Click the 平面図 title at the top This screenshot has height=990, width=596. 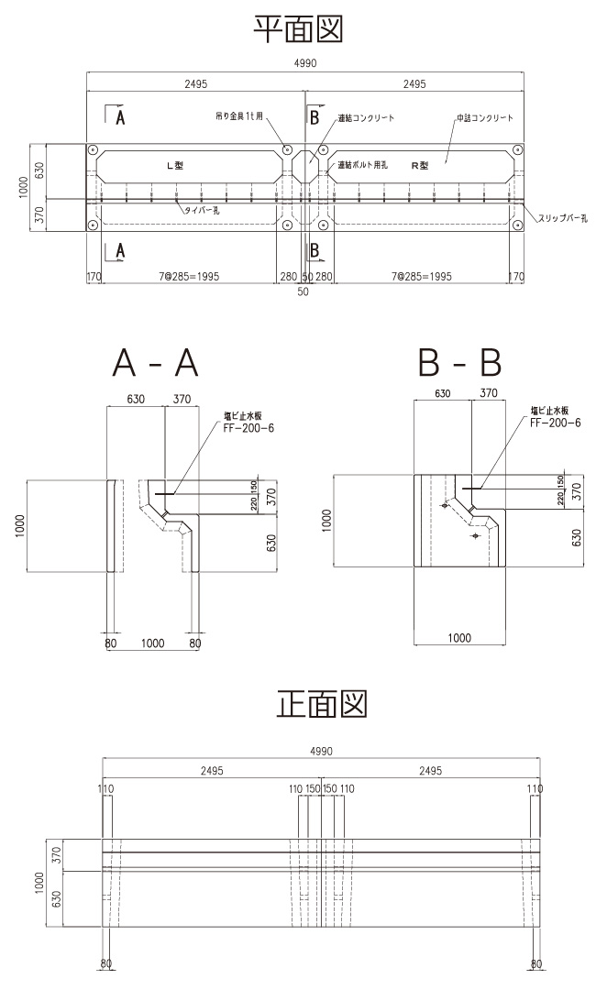[x=298, y=30]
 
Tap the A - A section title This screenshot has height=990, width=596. [x=155, y=364]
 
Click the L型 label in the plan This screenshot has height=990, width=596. [x=175, y=166]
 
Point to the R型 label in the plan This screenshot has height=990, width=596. [x=420, y=166]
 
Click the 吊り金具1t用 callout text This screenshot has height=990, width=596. [x=239, y=116]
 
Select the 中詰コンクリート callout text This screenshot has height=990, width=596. [x=484, y=118]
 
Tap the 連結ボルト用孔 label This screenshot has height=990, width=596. [x=362, y=166]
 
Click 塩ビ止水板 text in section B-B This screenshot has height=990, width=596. [x=549, y=412]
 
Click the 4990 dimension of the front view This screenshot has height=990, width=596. [x=321, y=752]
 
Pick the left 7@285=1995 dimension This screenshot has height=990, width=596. [x=188, y=275]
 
